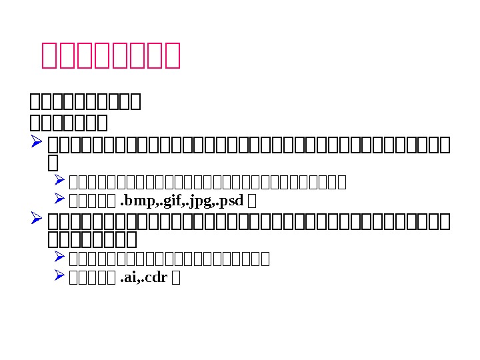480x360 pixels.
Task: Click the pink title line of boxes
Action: click(111, 55)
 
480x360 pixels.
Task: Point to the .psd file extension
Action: click(231, 199)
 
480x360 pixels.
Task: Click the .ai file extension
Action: click(127, 277)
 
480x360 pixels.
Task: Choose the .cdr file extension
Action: click(154, 277)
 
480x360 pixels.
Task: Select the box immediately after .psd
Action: click(252, 199)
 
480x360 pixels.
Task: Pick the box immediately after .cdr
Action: click(175, 277)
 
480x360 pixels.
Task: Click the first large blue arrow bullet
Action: click(37, 143)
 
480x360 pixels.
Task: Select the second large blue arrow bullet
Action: click(37, 219)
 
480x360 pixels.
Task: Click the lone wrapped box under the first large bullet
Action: click(53, 163)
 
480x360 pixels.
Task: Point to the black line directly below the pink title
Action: click(85, 102)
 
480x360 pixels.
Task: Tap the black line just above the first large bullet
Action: click(69, 123)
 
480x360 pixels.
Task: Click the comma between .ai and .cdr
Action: click(138, 279)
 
